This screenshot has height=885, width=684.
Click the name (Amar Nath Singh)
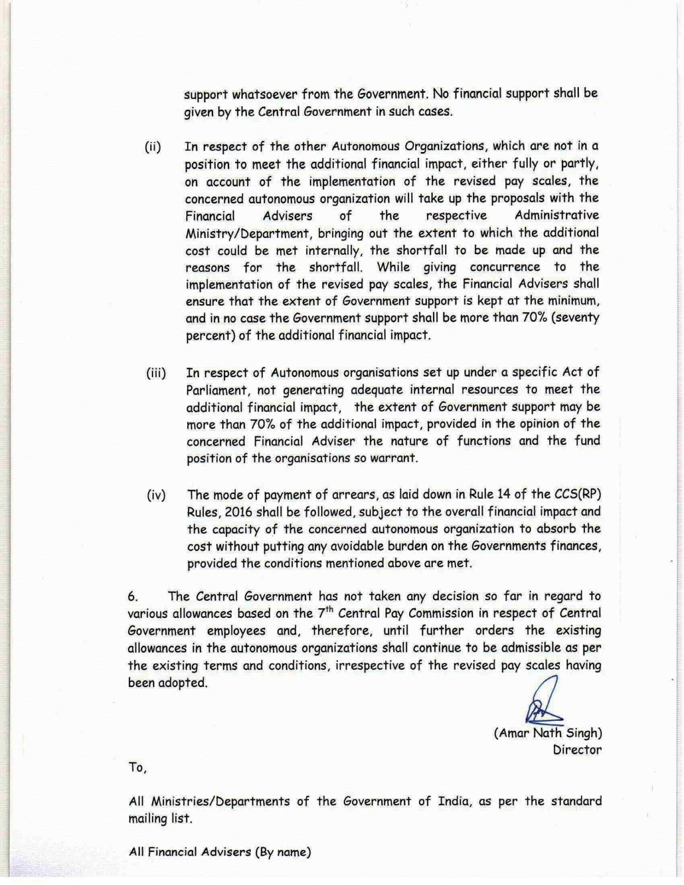[x=547, y=733]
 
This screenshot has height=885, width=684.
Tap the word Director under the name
[x=577, y=750]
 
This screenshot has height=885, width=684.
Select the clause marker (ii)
[x=153, y=147]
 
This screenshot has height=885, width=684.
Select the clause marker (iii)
[x=155, y=373]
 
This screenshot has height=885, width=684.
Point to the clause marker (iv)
[x=156, y=495]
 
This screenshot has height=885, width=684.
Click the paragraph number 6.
[x=133, y=597]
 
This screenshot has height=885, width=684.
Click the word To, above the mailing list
[x=137, y=768]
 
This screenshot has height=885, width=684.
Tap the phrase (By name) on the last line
[x=282, y=852]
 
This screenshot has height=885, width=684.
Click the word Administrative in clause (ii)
[x=556, y=216]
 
